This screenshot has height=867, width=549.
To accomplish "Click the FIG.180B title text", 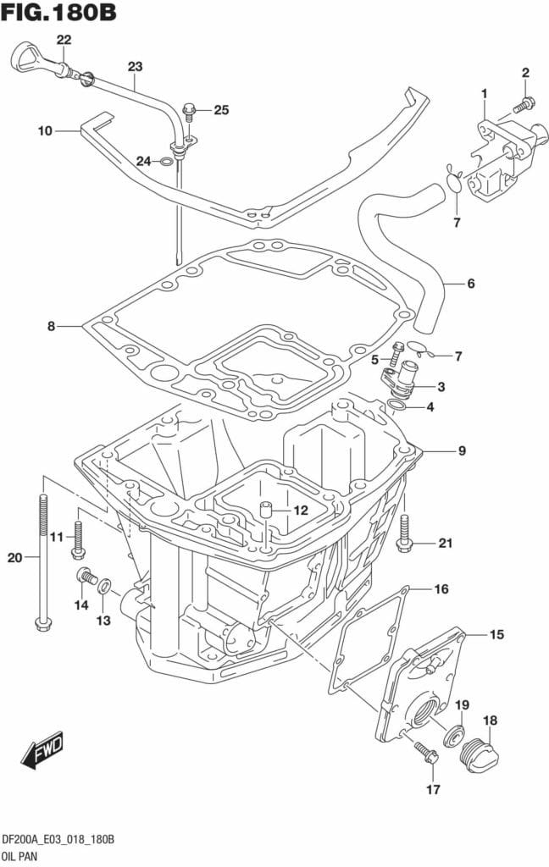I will [x=58, y=14].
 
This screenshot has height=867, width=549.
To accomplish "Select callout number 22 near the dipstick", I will [x=64, y=40].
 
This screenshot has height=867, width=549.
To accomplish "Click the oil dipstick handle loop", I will [x=27, y=60].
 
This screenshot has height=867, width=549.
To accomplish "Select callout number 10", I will [x=45, y=130].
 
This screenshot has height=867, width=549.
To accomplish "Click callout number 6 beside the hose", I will [x=470, y=283].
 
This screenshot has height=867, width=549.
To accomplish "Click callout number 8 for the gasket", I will [x=51, y=325].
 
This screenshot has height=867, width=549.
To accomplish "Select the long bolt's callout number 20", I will [x=13, y=557].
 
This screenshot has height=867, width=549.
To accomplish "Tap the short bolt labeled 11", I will [x=79, y=540].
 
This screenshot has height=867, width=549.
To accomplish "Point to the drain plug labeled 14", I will [x=85, y=577].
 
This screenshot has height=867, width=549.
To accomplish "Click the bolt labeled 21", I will [x=404, y=533].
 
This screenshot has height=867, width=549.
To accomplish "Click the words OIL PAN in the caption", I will [x=25, y=854].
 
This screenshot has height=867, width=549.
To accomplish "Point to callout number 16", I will [x=441, y=588].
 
